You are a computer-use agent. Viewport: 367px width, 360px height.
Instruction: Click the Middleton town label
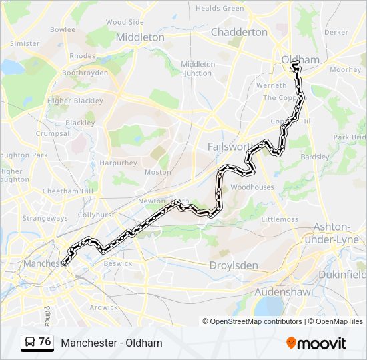coord(140,37)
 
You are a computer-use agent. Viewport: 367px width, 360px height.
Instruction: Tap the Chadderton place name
coord(239,32)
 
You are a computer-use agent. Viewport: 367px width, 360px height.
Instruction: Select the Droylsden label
coord(234,265)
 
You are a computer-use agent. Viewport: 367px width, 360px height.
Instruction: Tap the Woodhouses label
coord(252,187)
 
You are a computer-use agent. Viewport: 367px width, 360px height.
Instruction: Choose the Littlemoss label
coord(280,219)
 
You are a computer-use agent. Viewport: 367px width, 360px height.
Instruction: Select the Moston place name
coord(158,172)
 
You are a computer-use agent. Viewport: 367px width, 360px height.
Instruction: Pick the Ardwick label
coord(103,307)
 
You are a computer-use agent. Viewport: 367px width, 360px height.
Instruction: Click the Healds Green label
coord(220,8)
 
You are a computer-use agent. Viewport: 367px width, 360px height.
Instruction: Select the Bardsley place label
coord(316,157)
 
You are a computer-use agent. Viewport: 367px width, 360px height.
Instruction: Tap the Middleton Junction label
coord(198,69)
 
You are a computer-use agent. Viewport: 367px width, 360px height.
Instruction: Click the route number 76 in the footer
coord(45,342)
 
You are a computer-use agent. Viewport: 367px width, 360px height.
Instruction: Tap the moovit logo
coord(316,343)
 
